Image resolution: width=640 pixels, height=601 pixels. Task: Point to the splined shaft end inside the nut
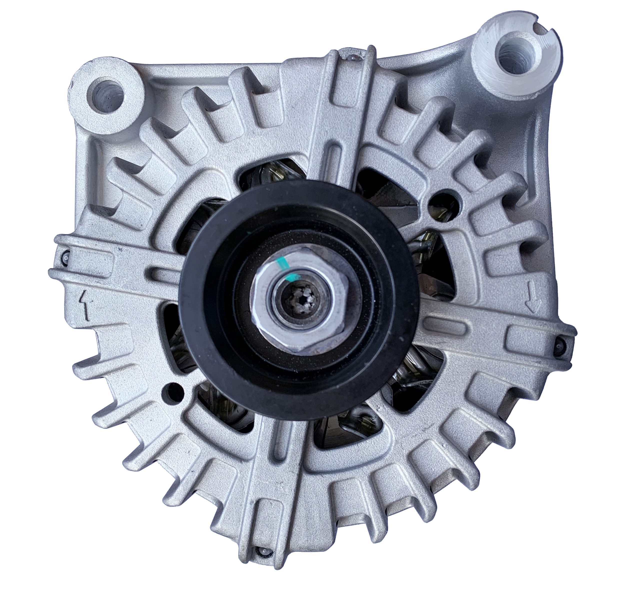(299, 299)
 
